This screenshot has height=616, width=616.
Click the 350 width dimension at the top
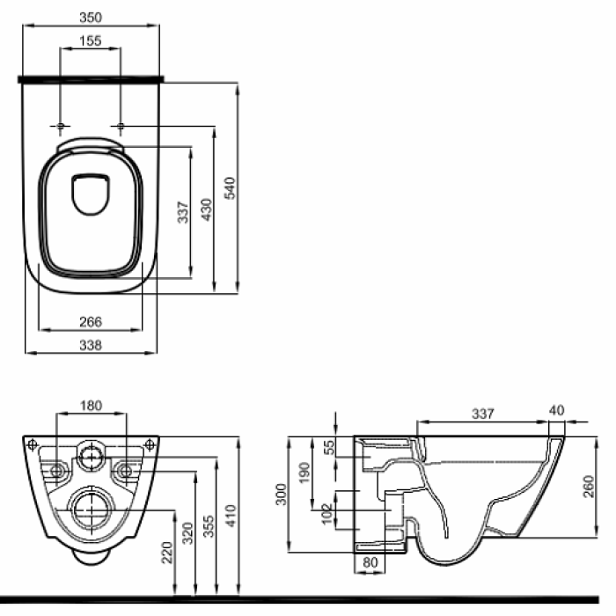click(91, 16)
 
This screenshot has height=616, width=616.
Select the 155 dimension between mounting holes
click(91, 40)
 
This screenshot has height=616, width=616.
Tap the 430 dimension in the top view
click(207, 209)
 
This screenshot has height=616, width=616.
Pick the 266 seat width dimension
click(91, 322)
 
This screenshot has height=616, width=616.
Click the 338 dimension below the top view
click(91, 346)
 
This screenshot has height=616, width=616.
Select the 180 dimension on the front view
click(91, 406)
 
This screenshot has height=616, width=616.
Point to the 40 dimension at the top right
click(555, 410)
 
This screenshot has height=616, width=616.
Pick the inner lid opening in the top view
click(90, 194)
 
